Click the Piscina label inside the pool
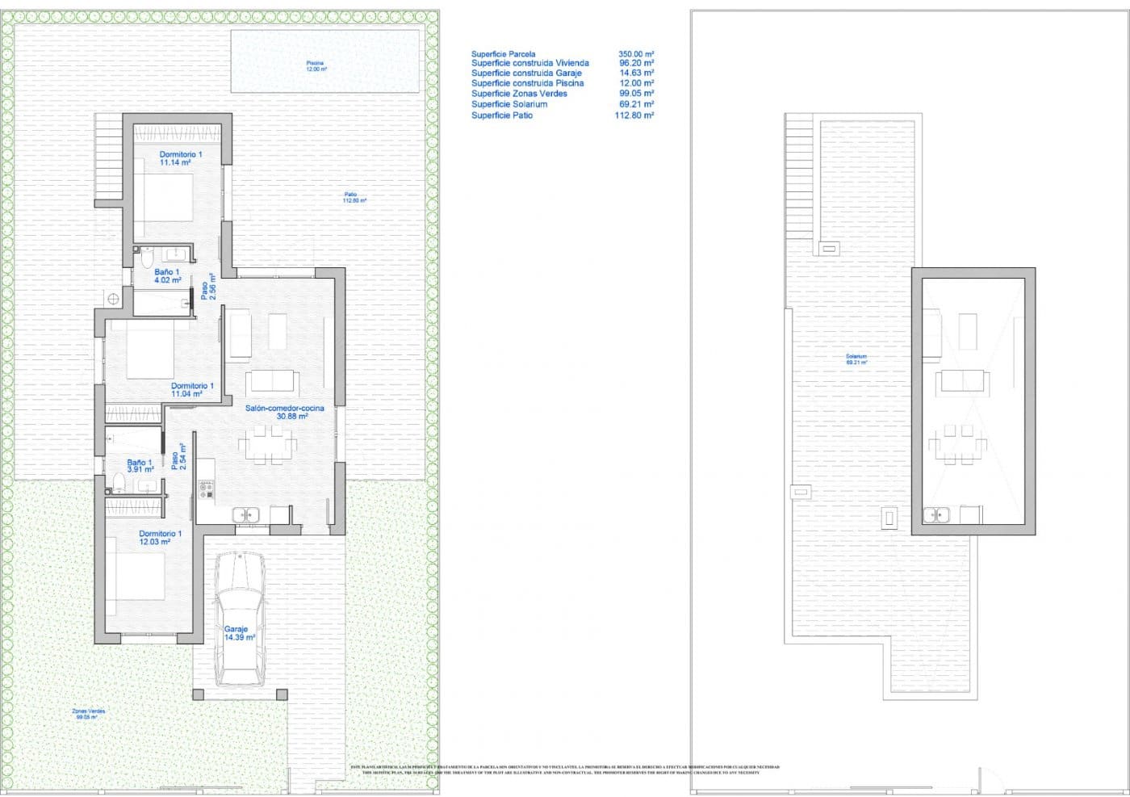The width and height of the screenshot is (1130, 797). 315,63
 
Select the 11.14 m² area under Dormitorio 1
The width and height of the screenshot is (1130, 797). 175,162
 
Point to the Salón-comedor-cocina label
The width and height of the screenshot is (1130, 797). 285,408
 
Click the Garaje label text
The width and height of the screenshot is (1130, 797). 236,628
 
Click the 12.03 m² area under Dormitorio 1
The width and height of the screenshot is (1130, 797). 154,542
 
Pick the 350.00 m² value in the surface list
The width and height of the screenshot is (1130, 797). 636,54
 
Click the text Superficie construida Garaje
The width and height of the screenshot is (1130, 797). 526,73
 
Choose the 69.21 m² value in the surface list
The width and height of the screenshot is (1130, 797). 636,104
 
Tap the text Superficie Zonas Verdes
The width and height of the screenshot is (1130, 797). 519,94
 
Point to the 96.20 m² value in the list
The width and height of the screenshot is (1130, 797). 636,63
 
